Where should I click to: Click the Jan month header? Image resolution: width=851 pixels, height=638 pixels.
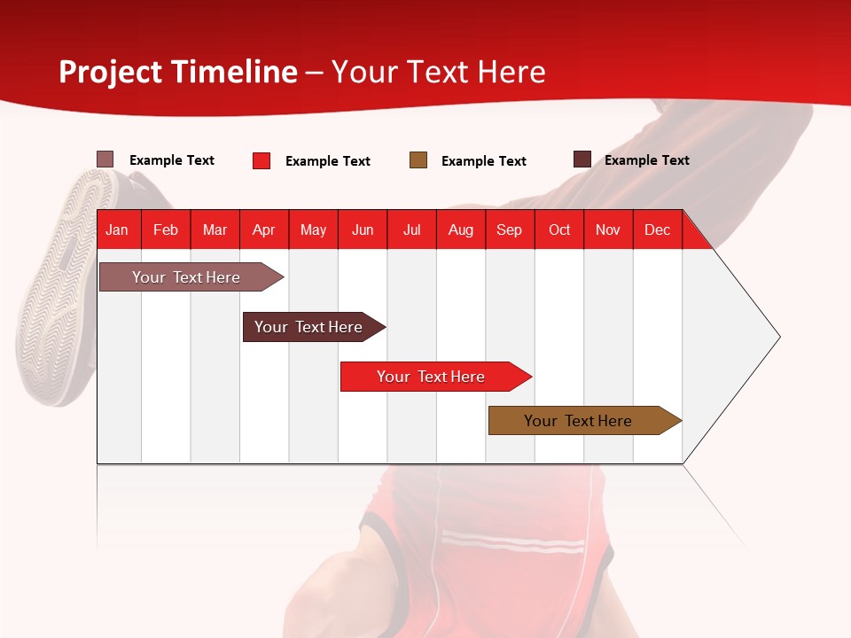pos(118,230)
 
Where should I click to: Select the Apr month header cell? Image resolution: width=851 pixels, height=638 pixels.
pos(264,230)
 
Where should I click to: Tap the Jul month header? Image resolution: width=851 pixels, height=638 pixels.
pos(411,230)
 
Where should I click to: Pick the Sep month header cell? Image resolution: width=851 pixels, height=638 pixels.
pos(510,230)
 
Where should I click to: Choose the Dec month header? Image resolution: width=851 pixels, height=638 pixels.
pos(657,230)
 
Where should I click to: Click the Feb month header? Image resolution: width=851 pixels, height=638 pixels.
pos(166,230)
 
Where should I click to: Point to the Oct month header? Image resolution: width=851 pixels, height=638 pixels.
pos(559,230)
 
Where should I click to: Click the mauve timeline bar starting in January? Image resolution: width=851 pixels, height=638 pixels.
pos(187,277)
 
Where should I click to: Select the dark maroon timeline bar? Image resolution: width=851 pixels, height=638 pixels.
pos(309,327)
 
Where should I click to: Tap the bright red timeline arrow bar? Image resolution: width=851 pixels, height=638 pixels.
pos(432,377)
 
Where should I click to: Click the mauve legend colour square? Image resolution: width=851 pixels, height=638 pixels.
pos(105,159)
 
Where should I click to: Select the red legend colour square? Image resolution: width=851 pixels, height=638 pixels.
pos(262,160)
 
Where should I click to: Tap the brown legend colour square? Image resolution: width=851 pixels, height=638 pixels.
pos(418,160)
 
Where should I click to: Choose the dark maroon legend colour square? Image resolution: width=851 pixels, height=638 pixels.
pos(582,159)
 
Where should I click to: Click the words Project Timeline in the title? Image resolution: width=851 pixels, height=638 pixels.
pos(178,72)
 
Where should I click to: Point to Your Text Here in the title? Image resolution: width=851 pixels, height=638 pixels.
pos(439,72)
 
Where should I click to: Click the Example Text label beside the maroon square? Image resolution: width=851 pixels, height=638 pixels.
pos(646,160)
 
